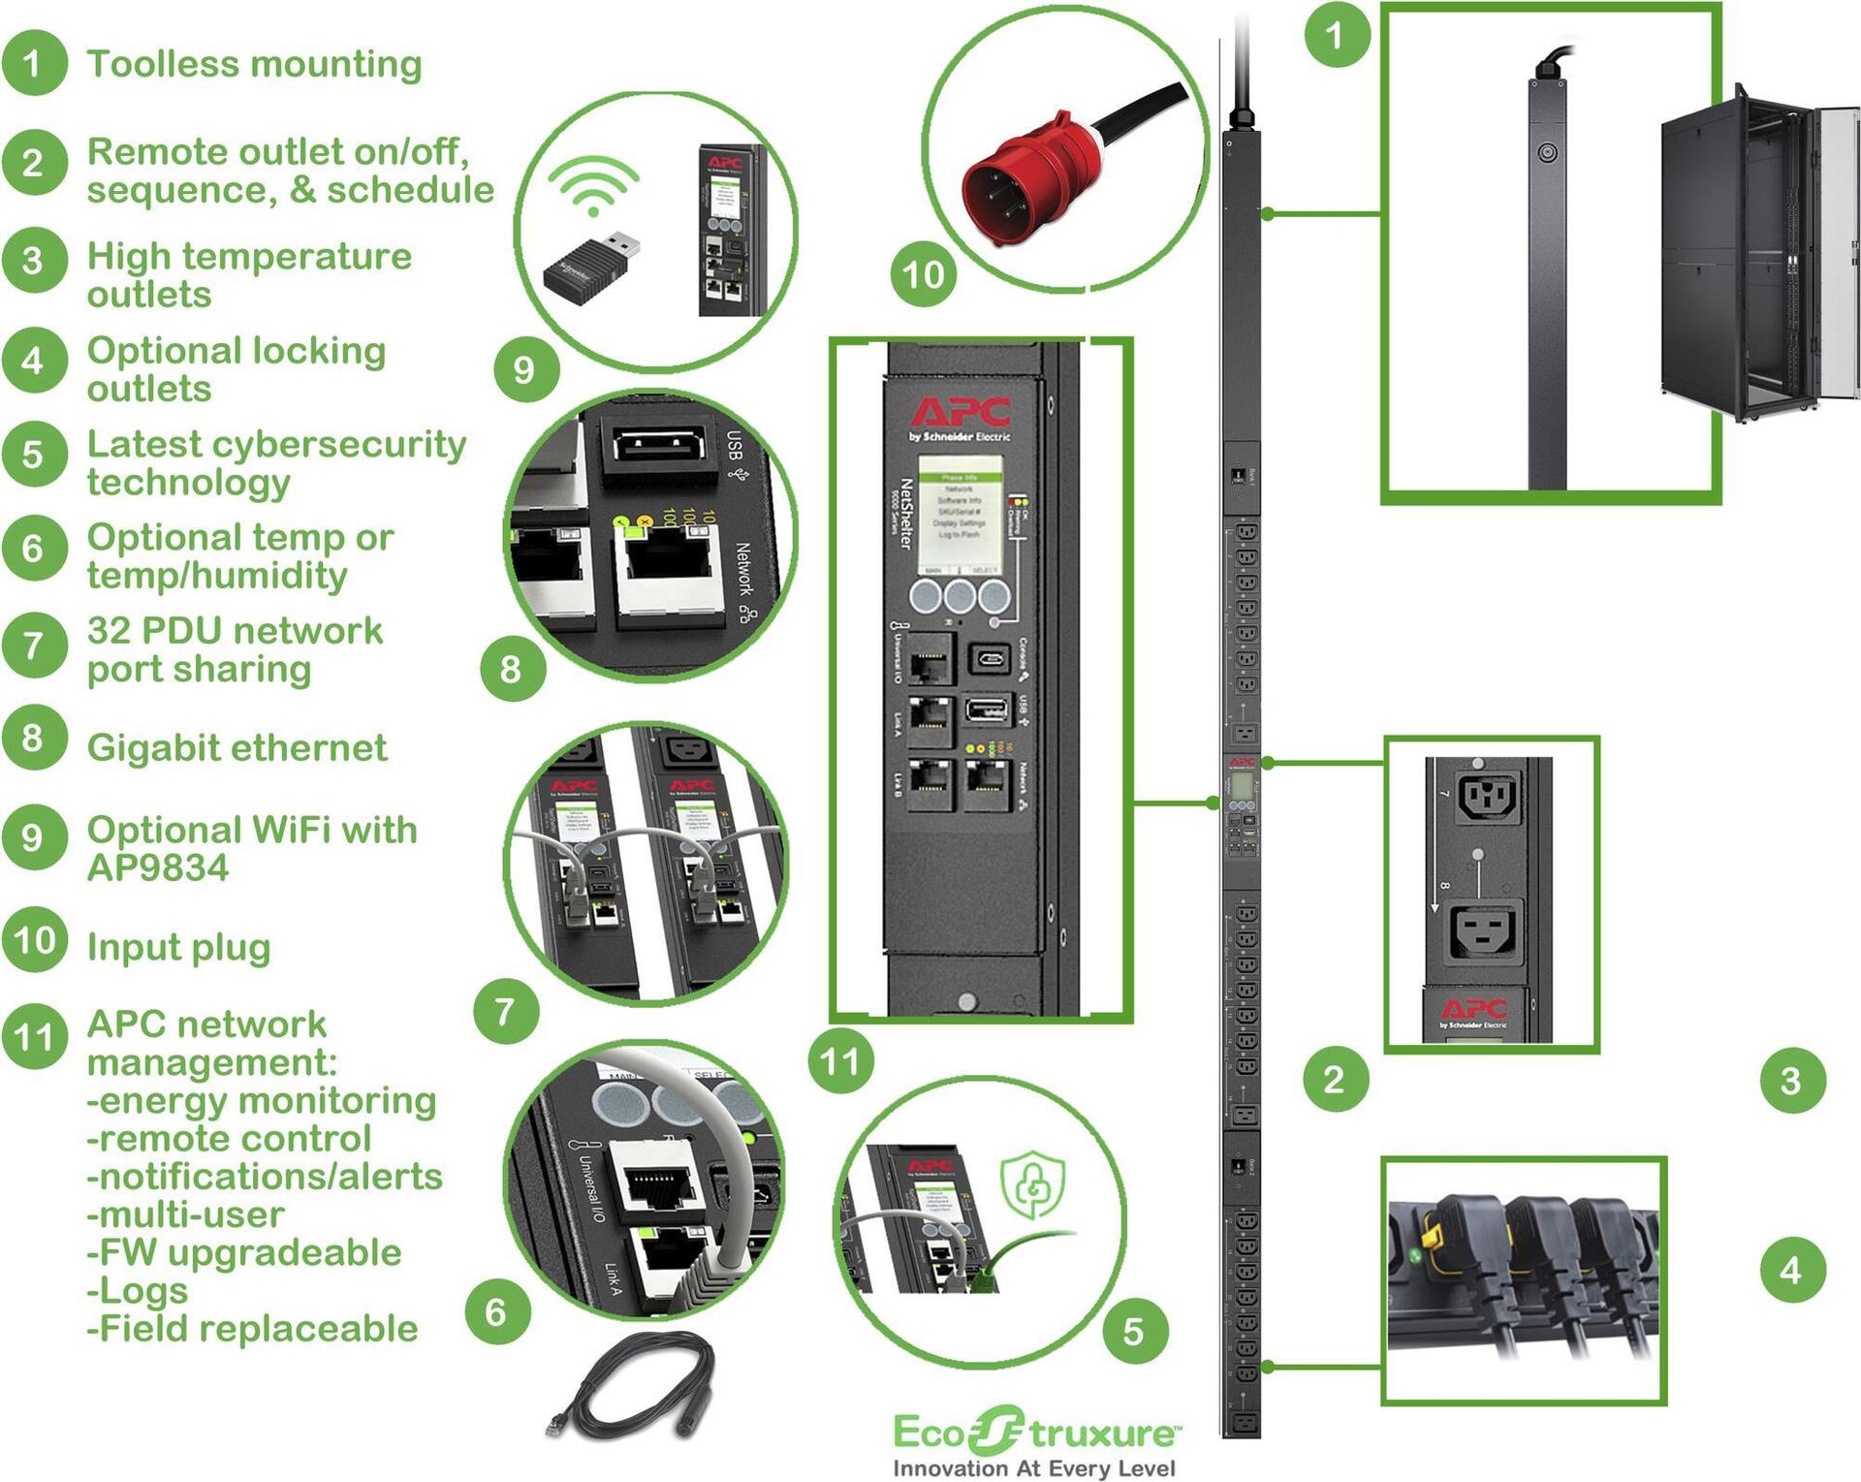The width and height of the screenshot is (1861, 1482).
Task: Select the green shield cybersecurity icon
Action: pos(1033,1183)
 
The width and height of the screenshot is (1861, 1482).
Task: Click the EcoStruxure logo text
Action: pos(1035,1433)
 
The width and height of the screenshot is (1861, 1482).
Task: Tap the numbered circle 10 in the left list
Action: pos(35,940)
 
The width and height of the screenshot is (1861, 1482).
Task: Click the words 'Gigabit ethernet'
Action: pos(237,747)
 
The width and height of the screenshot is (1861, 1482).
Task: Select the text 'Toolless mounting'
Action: pos(254,64)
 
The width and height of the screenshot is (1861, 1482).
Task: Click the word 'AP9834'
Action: pos(158,867)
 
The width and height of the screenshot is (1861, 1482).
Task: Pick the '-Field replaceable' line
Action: pos(252,1328)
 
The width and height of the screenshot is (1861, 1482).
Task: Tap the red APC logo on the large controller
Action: pos(960,412)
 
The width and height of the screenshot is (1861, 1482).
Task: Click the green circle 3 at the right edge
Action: pos(1791,1081)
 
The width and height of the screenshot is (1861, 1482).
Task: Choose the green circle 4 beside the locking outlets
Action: pos(1791,1270)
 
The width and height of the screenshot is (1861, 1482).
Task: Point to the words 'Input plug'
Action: pos(178,947)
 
